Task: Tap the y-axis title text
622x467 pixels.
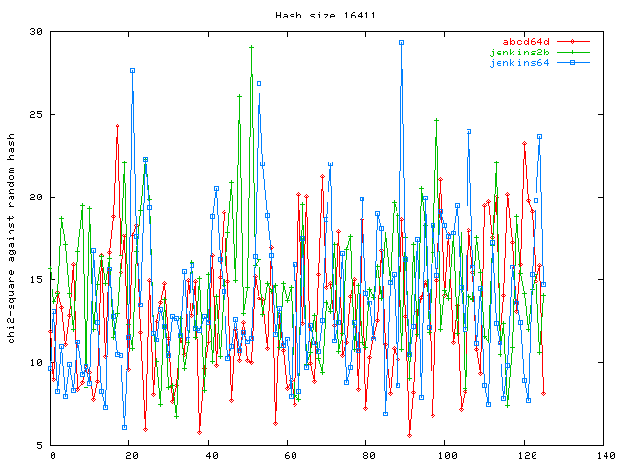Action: (x=12, y=238)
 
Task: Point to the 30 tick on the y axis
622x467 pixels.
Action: (x=35, y=32)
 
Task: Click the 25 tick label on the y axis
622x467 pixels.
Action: (x=35, y=115)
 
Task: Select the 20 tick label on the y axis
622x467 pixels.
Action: (x=35, y=198)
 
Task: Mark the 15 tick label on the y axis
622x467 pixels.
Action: (x=35, y=280)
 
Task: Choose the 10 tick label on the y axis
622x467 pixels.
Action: (x=35, y=363)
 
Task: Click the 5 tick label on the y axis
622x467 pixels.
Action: (x=38, y=446)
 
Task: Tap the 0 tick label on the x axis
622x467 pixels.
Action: (x=53, y=455)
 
